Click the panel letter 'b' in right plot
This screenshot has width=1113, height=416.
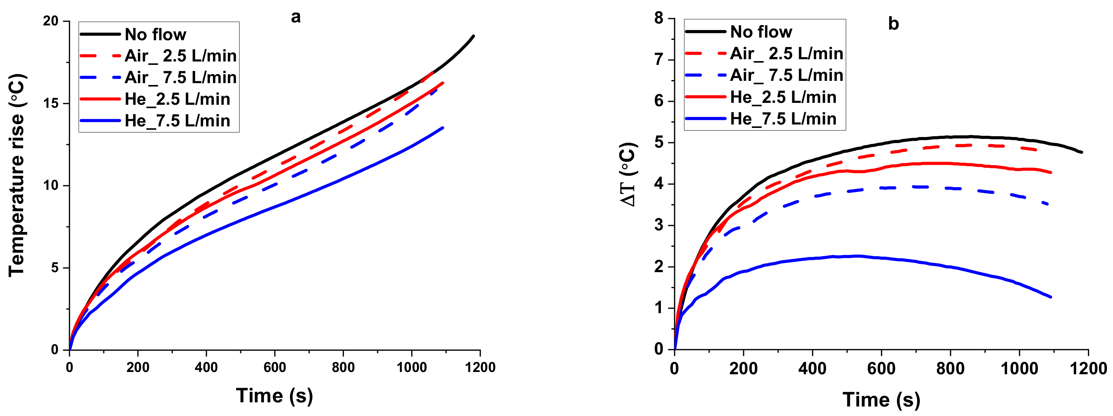click(x=893, y=24)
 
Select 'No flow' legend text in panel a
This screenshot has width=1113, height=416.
click(x=156, y=35)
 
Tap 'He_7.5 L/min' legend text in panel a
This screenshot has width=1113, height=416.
click(x=177, y=121)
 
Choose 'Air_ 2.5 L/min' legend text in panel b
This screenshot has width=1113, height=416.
click(x=787, y=54)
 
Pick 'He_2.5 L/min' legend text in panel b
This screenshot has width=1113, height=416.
click(x=783, y=97)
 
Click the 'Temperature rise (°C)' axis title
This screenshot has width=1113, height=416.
click(x=17, y=175)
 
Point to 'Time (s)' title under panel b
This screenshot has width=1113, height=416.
click(x=881, y=400)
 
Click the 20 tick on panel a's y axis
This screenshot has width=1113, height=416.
click(x=50, y=21)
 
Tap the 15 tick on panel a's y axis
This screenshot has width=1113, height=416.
click(x=50, y=103)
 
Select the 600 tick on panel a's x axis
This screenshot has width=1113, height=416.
click(x=275, y=368)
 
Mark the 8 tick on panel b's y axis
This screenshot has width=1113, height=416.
click(x=659, y=18)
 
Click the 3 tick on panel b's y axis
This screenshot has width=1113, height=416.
click(x=659, y=225)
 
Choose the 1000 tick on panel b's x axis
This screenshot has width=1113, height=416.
click(x=1019, y=369)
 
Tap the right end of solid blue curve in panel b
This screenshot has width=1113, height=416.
click(x=1050, y=297)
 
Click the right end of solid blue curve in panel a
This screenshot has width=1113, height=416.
click(x=443, y=128)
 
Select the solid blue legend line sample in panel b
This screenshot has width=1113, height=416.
click(x=705, y=118)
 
